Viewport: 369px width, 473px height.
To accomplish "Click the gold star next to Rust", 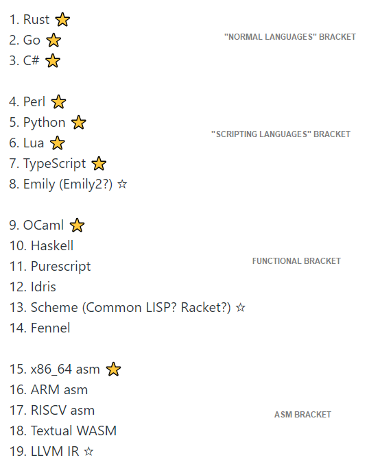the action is [x=62, y=20].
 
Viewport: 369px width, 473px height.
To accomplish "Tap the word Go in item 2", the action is [x=32, y=40].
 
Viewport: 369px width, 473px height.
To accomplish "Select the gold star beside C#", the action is [x=53, y=60].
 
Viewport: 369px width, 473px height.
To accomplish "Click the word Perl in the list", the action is [x=34, y=101].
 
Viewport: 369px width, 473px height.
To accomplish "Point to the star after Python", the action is [x=79, y=122].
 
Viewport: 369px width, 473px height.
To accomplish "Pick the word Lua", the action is [x=34, y=143].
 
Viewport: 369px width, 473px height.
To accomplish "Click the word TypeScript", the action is [x=55, y=164].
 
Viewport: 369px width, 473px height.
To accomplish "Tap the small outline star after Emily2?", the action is [x=122, y=184].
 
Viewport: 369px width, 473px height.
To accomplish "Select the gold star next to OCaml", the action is [x=78, y=225].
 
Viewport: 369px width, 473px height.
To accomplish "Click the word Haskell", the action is [x=52, y=245].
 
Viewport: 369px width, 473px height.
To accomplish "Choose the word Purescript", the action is [x=60, y=267].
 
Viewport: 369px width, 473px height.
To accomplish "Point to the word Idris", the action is [x=43, y=287].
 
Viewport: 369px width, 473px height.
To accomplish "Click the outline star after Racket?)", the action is [x=241, y=307].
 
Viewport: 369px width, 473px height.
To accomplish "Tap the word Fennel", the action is [x=50, y=328].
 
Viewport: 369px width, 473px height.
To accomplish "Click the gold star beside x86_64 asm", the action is [x=113, y=369].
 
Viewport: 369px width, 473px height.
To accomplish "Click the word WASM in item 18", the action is [x=97, y=430].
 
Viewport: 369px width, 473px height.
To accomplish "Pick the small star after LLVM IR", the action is [x=88, y=451].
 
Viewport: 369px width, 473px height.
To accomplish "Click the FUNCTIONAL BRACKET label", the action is [x=296, y=261].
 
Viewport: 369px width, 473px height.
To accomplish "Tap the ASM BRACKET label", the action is [x=302, y=415].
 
